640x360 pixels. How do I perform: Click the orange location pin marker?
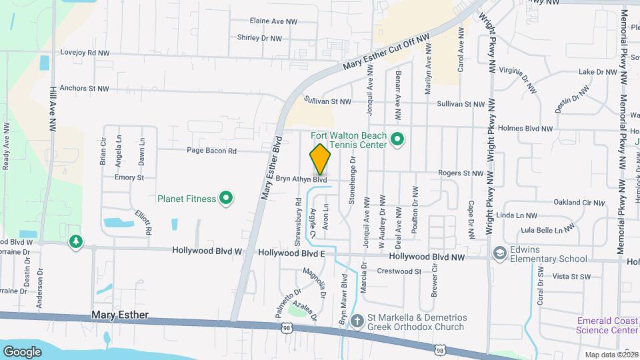pos(321,159)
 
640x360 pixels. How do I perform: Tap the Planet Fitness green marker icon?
pos(226,198)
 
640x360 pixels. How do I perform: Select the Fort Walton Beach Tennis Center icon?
pos(397,140)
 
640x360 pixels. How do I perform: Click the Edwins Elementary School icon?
pos(499,253)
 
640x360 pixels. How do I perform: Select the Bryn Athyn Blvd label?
pos(301,179)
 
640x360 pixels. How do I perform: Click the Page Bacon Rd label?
pos(211,151)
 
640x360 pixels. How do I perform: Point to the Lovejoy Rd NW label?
pos(84,52)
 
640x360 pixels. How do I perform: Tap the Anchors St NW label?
pos(83,88)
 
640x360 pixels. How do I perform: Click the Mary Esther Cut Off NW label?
pos(387,53)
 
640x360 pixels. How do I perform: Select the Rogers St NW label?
pos(460,173)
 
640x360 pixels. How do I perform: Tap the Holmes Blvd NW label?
pos(525,129)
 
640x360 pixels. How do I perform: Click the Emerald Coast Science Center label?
pos(607,325)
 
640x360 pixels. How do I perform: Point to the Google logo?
pos(22,351)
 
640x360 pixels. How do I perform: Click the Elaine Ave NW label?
pos(273,21)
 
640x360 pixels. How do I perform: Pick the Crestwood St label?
pos(399,271)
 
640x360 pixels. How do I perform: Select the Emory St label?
pos(129,178)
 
